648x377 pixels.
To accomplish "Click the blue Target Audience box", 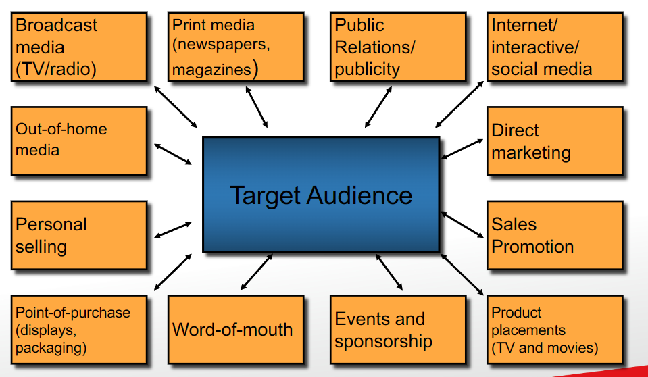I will click(321, 195).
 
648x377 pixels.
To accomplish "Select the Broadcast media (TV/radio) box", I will click(79, 47).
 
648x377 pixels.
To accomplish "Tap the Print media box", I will click(236, 47).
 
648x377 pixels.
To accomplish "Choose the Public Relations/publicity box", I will click(398, 47).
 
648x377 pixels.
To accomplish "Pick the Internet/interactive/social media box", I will click(555, 47).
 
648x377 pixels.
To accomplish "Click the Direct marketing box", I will click(555, 141).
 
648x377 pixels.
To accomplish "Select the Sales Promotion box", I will click(555, 235).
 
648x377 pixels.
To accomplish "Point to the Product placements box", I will click(555, 330).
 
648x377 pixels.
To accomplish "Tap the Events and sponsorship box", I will click(398, 330).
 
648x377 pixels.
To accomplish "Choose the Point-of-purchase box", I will click(79, 330).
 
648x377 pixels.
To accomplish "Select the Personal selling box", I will click(79, 235).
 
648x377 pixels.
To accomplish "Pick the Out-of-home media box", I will click(79, 141).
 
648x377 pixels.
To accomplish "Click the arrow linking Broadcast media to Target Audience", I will click(176, 107).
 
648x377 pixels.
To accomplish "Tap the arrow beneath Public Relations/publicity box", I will click(378, 107).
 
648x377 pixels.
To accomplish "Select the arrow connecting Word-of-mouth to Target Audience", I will click(257, 272).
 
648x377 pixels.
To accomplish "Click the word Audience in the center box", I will click(359, 195).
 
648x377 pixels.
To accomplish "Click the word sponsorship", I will click(383, 341).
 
